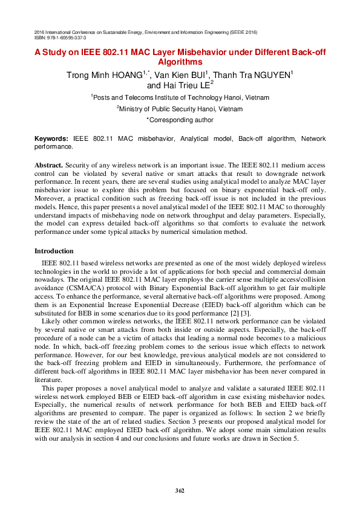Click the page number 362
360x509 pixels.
[180, 490]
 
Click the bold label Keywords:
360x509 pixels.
[51, 138]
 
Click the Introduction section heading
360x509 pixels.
[54, 251]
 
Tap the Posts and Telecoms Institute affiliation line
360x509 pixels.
[180, 97]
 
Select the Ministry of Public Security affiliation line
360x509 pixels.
[180, 109]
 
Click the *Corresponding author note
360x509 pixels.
[180, 120]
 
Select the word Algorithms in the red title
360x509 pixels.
[180, 62]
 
